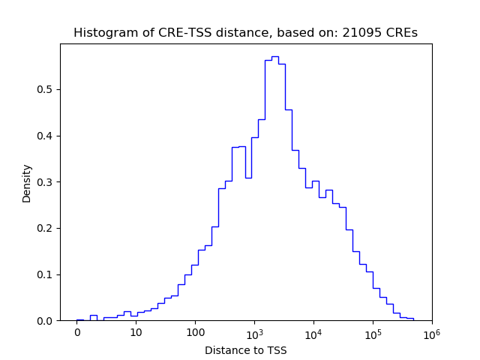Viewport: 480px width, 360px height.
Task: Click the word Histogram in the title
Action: [x=102, y=33]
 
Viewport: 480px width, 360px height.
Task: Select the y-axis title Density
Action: [x=27, y=182]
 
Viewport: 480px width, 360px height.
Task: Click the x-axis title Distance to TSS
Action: [x=246, y=350]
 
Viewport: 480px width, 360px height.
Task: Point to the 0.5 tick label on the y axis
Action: [x=46, y=90]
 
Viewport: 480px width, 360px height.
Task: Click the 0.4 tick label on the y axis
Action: [x=46, y=136]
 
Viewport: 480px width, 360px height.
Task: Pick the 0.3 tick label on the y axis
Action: [x=46, y=182]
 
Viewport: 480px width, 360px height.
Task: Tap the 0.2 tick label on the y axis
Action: [x=46, y=229]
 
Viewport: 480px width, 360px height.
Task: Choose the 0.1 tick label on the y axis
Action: [x=46, y=274]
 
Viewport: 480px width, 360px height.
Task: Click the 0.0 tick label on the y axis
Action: [x=46, y=321]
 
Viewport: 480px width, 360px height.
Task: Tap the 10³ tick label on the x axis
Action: [x=254, y=332]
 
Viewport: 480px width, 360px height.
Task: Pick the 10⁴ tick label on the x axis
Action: [x=313, y=332]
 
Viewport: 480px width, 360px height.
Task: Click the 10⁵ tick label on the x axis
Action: [x=373, y=332]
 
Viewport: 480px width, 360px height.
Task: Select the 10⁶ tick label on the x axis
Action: [x=431, y=332]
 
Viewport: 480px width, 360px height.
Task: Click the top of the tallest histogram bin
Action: [x=275, y=56]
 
